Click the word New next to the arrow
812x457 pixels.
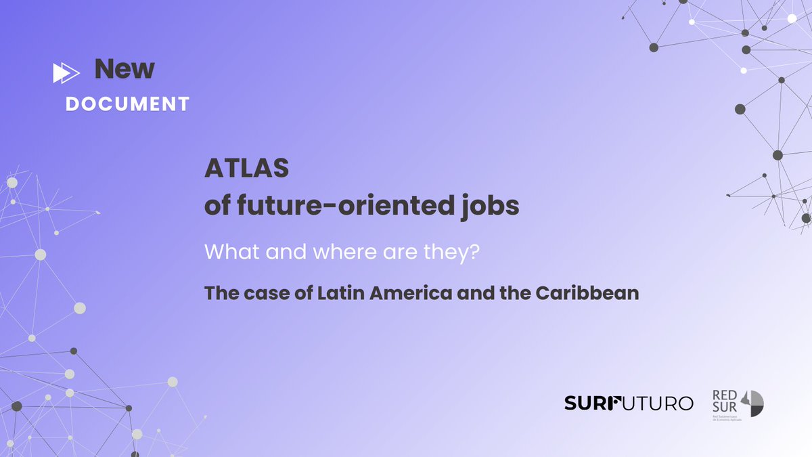pos(125,69)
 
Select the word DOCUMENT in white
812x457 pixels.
pos(127,104)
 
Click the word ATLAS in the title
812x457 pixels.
pos(246,169)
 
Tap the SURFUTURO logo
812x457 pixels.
pos(629,404)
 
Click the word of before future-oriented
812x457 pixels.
pos(217,206)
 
